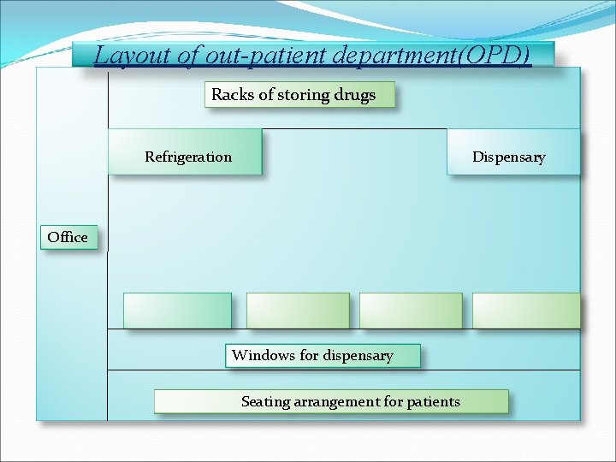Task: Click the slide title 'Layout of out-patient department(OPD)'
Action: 312,56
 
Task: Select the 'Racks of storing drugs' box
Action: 299,95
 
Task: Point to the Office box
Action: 68,237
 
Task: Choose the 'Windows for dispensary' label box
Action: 323,355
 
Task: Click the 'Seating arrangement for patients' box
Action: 331,401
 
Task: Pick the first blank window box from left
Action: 177,311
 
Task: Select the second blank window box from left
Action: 298,311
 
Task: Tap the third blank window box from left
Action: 411,311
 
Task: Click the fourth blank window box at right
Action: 525,311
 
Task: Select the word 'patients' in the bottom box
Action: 433,401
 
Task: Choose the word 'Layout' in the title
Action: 125,56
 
